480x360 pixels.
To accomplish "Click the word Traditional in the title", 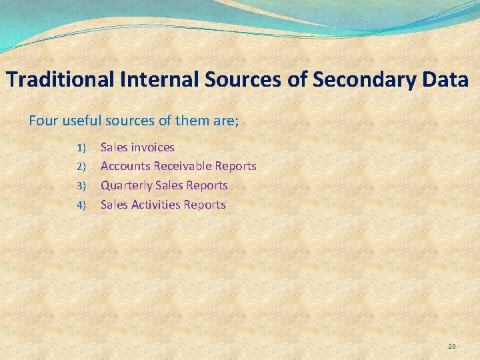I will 61,80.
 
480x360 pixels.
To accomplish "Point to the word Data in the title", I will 445,80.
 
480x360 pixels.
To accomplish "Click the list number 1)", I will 82,147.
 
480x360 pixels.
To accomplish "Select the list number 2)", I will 82,167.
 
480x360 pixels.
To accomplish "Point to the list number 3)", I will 82,186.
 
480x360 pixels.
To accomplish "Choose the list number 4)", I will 82,205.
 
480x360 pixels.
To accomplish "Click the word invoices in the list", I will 153,147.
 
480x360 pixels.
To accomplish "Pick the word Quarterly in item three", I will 126,185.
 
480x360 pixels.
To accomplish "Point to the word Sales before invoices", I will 114,147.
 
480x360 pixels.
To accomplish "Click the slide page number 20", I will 451,346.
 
